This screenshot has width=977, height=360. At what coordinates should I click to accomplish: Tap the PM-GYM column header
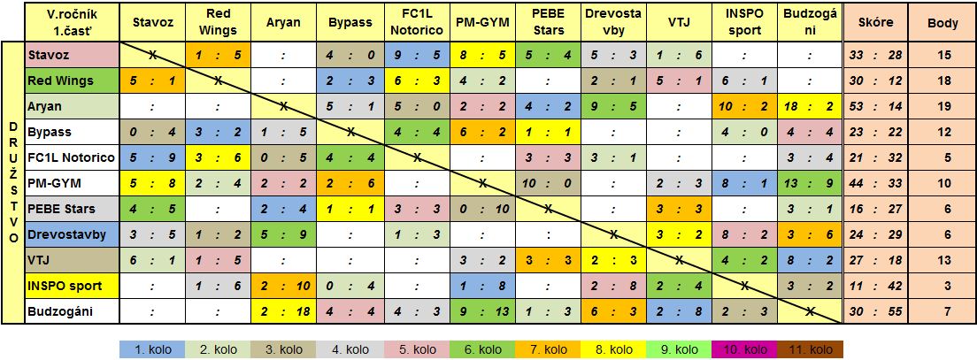(x=482, y=22)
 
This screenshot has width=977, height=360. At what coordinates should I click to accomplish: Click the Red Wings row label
(x=71, y=80)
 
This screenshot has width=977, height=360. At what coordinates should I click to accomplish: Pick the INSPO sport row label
(x=71, y=286)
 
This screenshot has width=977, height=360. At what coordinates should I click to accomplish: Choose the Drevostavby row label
(x=71, y=234)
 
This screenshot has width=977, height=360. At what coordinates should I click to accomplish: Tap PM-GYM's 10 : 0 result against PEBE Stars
(x=548, y=183)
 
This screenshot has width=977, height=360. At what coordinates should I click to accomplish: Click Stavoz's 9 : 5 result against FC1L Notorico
(x=417, y=54)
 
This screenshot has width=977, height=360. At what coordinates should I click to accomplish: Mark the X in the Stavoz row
(x=152, y=54)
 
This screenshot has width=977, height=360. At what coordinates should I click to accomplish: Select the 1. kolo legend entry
(x=153, y=349)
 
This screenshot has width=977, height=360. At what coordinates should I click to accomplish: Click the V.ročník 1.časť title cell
(x=71, y=22)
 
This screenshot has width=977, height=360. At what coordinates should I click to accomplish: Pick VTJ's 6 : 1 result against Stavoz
(x=152, y=260)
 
